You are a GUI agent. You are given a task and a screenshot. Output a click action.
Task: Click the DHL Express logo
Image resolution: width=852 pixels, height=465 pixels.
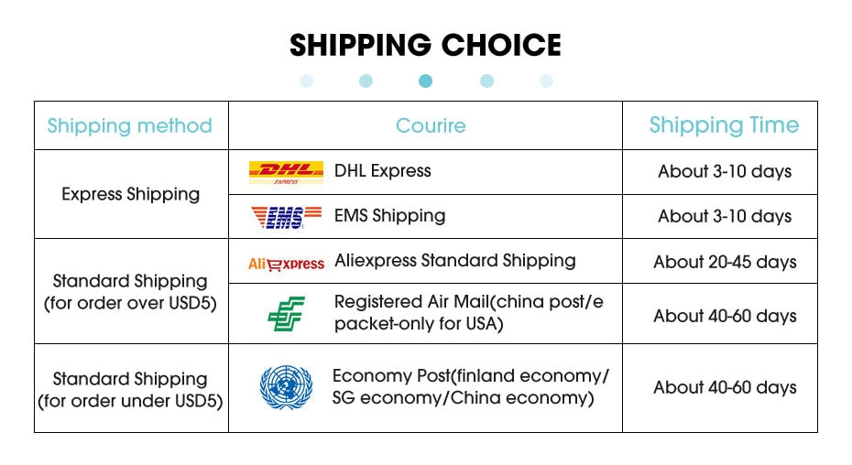pos(286,172)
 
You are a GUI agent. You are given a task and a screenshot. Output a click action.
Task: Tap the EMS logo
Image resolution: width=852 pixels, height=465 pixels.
pos(286,217)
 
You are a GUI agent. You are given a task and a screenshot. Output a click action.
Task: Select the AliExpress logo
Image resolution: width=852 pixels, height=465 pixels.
pos(286,264)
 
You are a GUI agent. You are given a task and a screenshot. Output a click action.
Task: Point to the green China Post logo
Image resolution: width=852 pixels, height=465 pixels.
pos(287,313)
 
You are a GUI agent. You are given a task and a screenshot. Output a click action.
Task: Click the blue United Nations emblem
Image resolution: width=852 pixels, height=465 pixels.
pos(286,387)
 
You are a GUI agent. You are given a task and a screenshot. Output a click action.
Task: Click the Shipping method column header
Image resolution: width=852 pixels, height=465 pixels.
pos(129,126)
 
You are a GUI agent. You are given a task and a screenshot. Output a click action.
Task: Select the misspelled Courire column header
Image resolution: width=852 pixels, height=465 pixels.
pos(431,125)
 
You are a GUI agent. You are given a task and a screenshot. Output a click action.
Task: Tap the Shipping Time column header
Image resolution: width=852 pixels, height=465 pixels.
pos(724,125)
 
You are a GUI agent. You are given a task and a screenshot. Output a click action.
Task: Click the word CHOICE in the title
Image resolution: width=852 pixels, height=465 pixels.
pos(501,45)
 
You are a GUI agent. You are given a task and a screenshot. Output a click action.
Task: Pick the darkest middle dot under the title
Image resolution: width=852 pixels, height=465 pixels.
pos(425,81)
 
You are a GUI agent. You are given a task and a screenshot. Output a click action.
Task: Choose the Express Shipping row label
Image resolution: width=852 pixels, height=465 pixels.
pos(130,194)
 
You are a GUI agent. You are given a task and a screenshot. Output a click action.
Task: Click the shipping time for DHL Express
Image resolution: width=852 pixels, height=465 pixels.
pos(725,172)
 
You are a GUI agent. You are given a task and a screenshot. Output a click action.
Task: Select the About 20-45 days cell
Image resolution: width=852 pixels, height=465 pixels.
pos(725,262)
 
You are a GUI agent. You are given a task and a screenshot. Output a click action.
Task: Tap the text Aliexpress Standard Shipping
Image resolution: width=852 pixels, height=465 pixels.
pos(454,261)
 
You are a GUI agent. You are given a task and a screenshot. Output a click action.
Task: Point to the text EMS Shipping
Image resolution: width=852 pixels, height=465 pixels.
pos(389,216)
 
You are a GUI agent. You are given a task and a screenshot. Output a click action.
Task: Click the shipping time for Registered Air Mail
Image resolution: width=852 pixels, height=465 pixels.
pos(725,316)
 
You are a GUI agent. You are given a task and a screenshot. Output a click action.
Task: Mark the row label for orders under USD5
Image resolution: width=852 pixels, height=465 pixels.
pos(130,390)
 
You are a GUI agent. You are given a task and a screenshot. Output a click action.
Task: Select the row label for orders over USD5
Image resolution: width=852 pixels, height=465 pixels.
pos(130,292)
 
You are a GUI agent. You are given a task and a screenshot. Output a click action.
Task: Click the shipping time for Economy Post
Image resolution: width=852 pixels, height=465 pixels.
pos(725,388)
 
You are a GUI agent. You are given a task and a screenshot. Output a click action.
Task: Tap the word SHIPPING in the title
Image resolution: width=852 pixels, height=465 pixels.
pos(360,45)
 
